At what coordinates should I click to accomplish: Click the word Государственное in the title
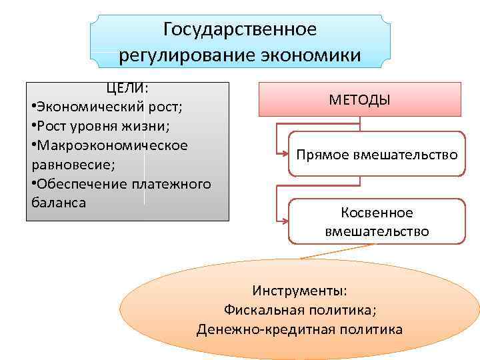click(240, 29)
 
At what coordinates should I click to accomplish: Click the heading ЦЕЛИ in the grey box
click(125, 89)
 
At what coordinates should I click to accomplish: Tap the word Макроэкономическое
click(112, 145)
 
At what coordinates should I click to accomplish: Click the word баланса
click(59, 202)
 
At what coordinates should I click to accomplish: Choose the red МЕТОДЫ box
click(359, 99)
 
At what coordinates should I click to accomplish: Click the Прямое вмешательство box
click(377, 154)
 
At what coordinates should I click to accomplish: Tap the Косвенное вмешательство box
click(377, 222)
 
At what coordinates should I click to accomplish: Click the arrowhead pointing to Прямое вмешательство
click(285, 155)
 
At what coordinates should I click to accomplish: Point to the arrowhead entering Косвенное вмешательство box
click(285, 222)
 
